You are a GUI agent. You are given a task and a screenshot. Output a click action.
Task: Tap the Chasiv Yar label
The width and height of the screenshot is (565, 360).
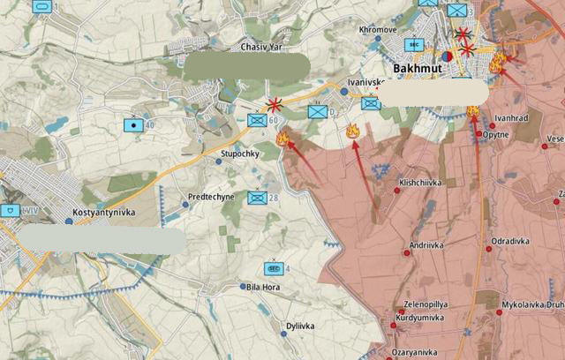(260, 47)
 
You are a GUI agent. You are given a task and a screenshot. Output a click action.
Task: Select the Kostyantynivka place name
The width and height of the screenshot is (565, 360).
(105, 215)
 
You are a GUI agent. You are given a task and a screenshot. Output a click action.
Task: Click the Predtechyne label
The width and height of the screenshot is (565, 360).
(211, 198)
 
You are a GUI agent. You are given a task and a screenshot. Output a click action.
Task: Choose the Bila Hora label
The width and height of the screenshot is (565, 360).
(266, 287)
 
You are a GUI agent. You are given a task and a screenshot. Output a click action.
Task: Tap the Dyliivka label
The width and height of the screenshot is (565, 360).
(300, 326)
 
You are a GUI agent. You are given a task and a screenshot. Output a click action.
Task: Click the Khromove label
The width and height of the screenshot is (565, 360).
(378, 29)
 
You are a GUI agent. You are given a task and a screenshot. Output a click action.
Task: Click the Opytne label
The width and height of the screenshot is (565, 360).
(497, 135)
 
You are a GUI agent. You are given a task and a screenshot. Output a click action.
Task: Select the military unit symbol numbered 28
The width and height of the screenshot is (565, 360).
(257, 198)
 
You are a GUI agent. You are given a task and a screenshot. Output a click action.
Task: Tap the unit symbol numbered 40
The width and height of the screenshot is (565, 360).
(133, 124)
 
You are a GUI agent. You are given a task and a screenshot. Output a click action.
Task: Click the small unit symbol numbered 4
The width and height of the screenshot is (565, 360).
(274, 268)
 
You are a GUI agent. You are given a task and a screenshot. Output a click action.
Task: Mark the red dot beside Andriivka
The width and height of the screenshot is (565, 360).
(407, 252)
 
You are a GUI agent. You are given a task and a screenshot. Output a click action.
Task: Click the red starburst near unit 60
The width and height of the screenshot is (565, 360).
(275, 104)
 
